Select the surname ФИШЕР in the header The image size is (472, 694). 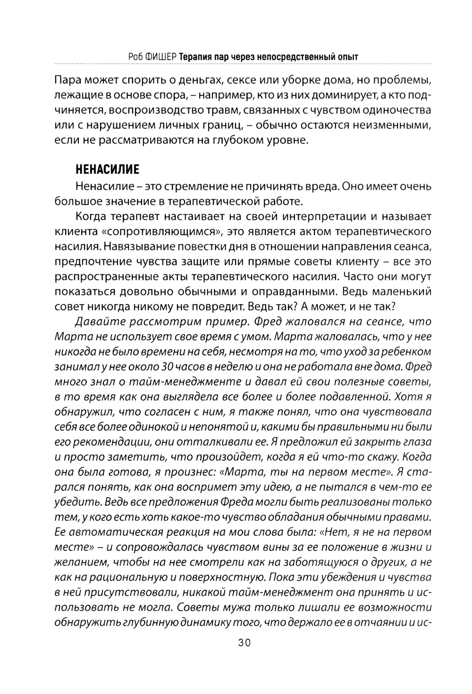[x=160, y=57]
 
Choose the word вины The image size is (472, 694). [x=287, y=547]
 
